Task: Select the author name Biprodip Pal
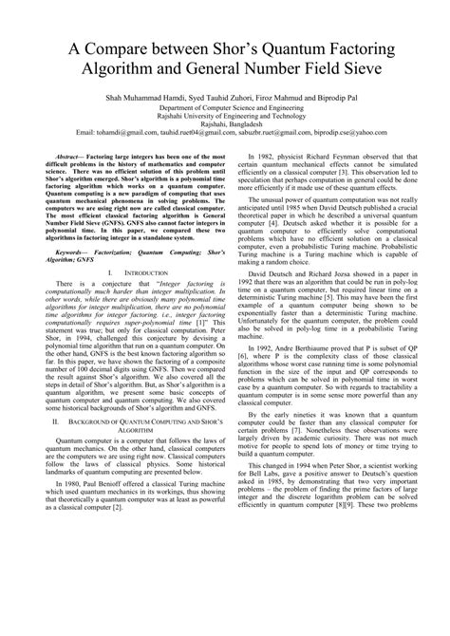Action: [x=328, y=97]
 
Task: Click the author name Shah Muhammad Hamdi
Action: [x=139, y=97]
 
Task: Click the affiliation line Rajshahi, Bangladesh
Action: [x=226, y=122]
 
